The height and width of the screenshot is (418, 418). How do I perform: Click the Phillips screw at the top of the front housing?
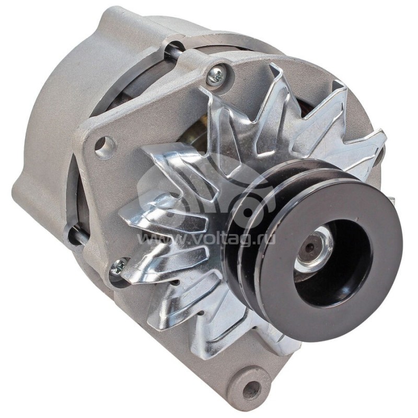(x=215, y=76)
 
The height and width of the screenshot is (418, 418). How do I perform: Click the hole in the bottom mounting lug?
(x=251, y=388)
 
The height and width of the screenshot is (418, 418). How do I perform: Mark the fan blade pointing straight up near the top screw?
(x=277, y=84)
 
